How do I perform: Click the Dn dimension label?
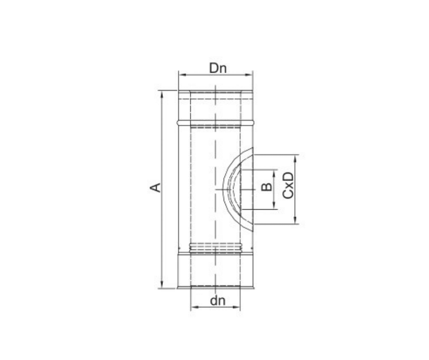(218, 68)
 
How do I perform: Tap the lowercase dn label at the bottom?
(218, 301)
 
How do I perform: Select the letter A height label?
(156, 187)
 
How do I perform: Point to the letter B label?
(267, 187)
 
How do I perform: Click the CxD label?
(288, 185)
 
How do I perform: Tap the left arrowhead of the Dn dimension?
(182, 74)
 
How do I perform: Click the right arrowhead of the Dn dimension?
(249, 74)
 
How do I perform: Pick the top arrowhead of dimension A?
(162, 95)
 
